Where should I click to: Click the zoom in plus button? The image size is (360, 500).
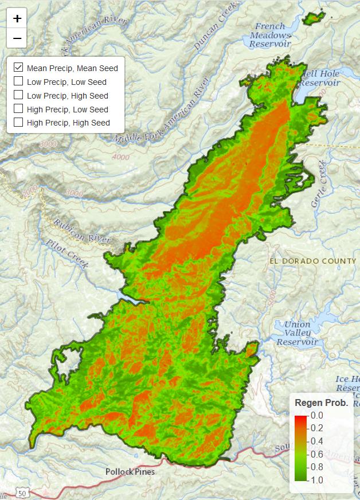[x=17, y=18]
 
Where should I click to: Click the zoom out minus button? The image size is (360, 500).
[x=17, y=38]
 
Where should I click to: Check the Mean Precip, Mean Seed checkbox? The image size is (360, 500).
[x=18, y=68]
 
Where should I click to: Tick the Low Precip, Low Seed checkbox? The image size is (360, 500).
[x=18, y=81]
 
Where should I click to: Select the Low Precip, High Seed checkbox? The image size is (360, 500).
[x=18, y=95]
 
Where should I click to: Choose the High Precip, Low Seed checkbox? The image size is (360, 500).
[x=18, y=109]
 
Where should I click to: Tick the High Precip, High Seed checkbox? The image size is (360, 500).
[x=18, y=122]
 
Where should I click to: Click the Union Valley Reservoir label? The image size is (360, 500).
[x=297, y=333]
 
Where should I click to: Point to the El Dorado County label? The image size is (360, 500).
[x=312, y=261]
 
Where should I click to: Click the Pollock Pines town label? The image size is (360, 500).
[x=130, y=472]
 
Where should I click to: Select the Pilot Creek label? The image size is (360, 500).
[x=68, y=255]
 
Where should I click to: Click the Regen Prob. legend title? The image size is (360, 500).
[x=321, y=403]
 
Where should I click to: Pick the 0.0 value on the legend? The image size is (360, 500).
[x=317, y=415]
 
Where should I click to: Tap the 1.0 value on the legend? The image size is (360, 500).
[x=317, y=480]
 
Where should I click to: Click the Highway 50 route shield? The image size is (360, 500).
[x=22, y=493]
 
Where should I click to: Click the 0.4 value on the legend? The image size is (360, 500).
[x=317, y=441]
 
